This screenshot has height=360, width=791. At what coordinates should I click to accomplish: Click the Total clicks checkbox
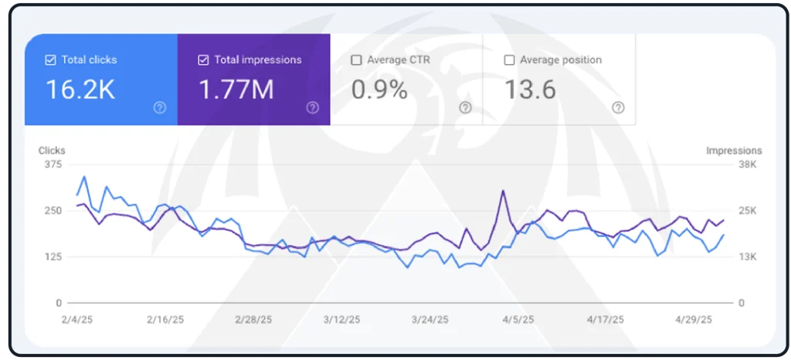point(51,59)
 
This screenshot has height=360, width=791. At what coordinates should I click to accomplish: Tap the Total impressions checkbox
point(203,59)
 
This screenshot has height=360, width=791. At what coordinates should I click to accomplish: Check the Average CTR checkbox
point(356,59)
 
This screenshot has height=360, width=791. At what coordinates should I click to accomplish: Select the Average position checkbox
point(509,59)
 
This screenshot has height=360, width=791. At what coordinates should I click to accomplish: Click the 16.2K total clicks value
point(80,90)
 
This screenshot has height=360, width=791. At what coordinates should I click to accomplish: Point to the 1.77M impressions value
point(236,90)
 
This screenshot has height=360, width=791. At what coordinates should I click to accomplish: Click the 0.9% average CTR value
point(379,90)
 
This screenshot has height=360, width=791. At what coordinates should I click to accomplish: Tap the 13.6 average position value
point(530,90)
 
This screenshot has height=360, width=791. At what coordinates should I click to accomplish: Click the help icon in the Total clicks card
point(160,108)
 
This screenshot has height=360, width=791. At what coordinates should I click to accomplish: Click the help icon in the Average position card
point(618,108)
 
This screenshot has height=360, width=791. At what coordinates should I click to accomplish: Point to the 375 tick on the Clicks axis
point(53,164)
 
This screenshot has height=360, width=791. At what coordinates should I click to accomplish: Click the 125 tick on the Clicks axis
point(53,256)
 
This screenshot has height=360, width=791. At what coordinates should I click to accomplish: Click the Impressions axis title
point(734,151)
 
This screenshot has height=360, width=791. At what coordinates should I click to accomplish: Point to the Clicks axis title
point(52,151)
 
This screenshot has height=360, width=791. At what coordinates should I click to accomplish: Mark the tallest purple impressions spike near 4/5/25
point(503,191)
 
